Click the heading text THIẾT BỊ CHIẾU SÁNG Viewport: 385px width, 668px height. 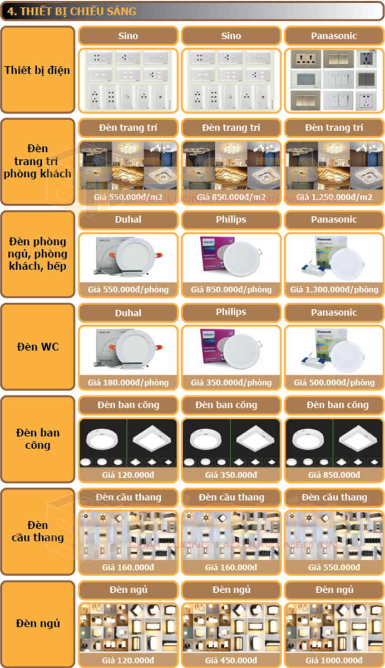pos(78,12)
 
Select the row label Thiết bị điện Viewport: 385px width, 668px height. pos(37,70)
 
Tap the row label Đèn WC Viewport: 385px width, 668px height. pos(37,347)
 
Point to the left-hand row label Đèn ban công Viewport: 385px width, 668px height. pos(37,439)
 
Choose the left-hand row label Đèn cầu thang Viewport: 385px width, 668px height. pos(37,531)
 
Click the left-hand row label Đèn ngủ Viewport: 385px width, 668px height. pos(37,623)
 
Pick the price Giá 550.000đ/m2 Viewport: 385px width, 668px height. pos(128,197)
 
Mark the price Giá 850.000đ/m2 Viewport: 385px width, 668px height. pos(231,197)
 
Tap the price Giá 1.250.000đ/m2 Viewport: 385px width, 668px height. pos(334,197)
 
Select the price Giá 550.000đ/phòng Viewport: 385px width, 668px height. pos(128,289)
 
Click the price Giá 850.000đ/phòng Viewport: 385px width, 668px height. pos(231,289)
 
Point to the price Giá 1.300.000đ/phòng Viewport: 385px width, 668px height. pos(334,289)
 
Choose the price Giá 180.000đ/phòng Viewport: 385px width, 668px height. pos(128,382)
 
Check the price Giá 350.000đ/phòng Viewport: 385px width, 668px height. pos(231,382)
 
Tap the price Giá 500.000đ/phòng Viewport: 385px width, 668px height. pos(334,382)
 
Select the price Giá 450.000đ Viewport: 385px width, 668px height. pos(231,660)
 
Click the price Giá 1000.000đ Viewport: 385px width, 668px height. pos(334,660)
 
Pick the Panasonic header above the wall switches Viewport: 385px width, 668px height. pos(334,36)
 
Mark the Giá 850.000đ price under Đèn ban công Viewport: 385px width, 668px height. pos(334,475)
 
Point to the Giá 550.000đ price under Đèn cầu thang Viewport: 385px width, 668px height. pos(334,567)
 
